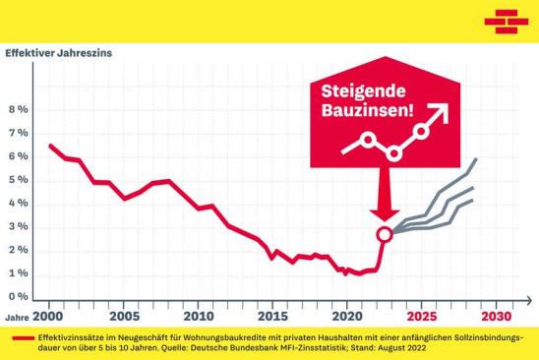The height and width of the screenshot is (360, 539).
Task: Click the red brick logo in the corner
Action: [506, 19]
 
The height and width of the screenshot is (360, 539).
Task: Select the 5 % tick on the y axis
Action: [18, 180]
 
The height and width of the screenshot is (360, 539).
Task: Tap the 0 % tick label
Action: [18, 297]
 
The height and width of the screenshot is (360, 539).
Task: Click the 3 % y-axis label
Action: [18, 227]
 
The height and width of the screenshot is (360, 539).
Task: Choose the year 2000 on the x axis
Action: [48, 317]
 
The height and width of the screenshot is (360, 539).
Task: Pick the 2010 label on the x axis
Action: [198, 317]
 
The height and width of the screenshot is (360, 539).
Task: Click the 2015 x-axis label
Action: [272, 317]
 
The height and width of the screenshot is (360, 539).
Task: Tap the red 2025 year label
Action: [421, 317]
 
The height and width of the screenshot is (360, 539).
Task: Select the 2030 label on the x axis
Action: [497, 317]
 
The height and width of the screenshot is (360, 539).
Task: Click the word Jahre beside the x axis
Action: [16, 318]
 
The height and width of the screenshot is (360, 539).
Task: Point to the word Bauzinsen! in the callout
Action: [363, 113]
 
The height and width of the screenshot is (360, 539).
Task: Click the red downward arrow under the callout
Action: [385, 206]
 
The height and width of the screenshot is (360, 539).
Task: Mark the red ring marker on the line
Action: [386, 233]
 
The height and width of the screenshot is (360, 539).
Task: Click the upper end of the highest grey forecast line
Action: [477, 158]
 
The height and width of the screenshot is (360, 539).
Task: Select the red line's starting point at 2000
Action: [49, 146]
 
